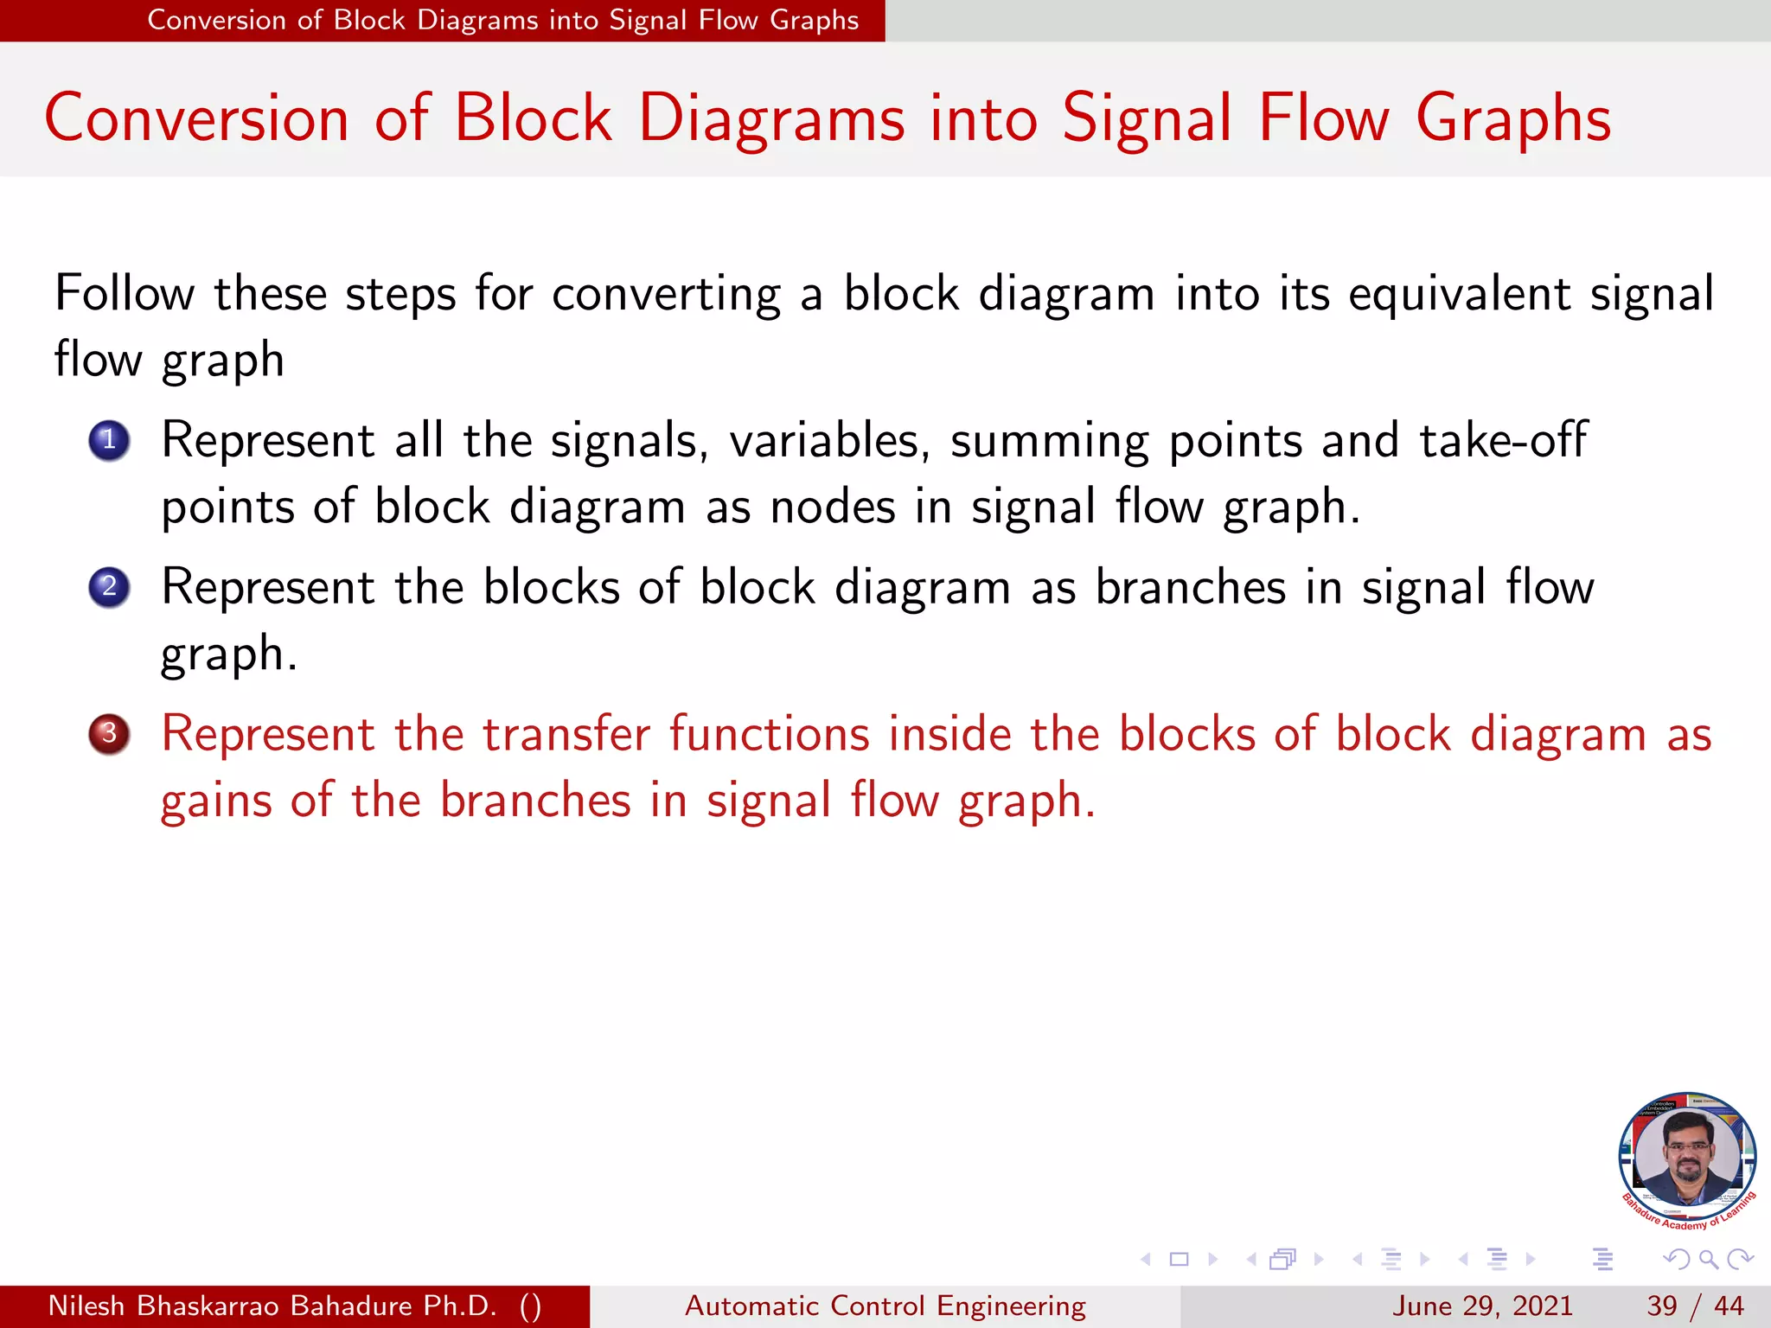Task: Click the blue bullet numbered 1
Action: click(x=109, y=441)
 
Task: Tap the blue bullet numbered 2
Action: click(x=109, y=588)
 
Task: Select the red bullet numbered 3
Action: click(x=109, y=734)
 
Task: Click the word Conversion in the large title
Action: click(x=196, y=118)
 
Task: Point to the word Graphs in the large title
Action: click(x=1513, y=118)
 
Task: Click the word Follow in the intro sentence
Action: click(x=124, y=293)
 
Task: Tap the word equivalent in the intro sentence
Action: click(x=1459, y=293)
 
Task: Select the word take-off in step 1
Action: click(x=1503, y=440)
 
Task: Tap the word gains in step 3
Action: click(x=216, y=801)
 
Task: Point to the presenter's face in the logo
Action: click(x=1687, y=1154)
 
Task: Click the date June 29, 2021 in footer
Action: click(x=1482, y=1306)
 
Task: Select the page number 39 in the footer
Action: click(x=1661, y=1306)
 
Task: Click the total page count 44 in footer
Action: click(x=1729, y=1306)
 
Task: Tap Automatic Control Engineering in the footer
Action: click(x=885, y=1306)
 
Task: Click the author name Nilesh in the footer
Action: click(x=86, y=1306)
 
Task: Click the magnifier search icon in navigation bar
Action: click(x=1708, y=1259)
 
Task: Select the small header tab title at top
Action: click(x=502, y=20)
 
